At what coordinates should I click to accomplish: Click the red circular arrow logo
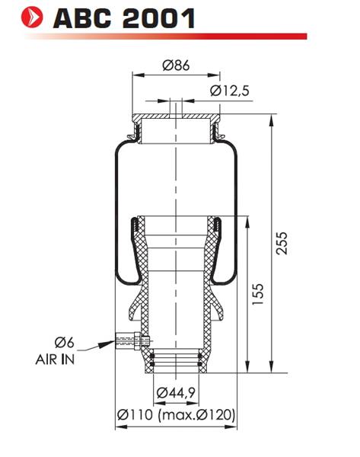coord(32,17)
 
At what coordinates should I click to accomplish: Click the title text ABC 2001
coord(124,18)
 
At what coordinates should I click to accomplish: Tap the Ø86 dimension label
coord(176,65)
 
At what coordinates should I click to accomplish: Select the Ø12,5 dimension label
coord(230,91)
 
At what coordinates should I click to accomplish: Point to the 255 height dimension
coord(282,244)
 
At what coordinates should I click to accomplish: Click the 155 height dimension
coord(257,294)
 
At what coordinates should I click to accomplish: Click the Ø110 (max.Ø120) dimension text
coord(176,414)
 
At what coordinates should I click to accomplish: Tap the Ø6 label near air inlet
coord(65,342)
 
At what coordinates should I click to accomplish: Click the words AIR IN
coord(55,360)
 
